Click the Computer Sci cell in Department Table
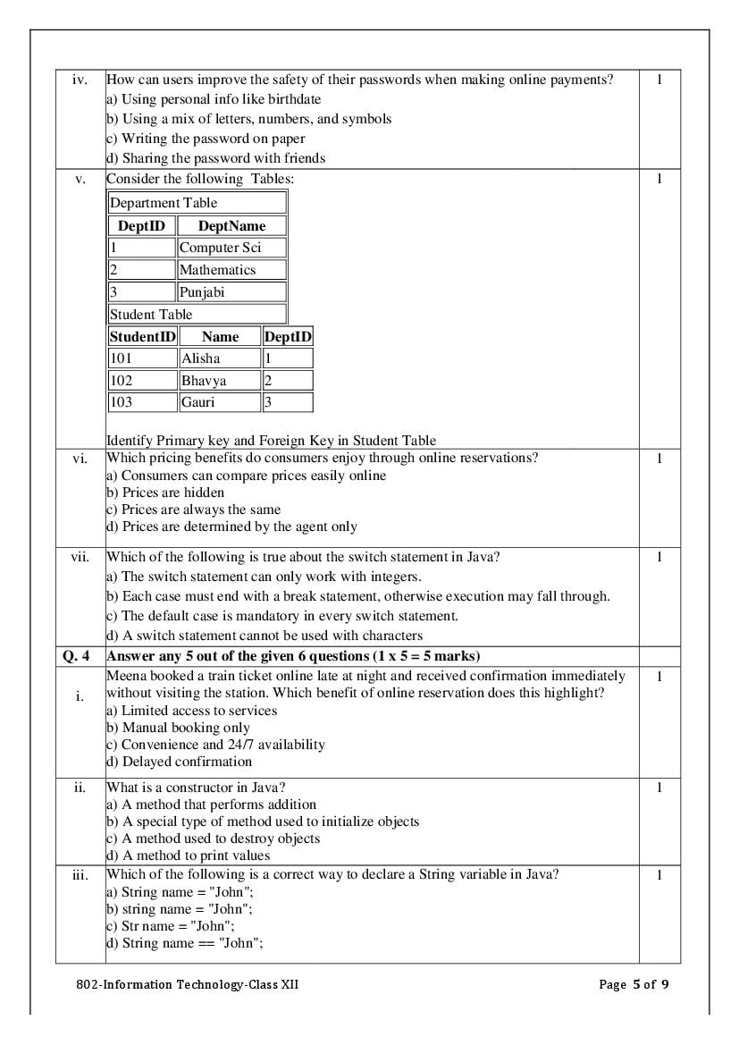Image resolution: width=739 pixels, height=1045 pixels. pos(231,248)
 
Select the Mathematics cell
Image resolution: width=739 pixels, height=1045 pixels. pos(231,270)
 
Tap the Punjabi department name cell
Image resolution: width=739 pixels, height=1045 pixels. pos(231,292)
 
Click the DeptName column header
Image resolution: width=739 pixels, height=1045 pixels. pos(231,226)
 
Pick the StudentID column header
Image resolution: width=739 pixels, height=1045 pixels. pos(142,337)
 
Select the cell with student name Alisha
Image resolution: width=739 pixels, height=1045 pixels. pos(220,358)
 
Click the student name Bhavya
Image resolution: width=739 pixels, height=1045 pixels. pos(220,381)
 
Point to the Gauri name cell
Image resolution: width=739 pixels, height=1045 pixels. pos(220,402)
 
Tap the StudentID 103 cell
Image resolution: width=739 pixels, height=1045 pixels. pos(142,402)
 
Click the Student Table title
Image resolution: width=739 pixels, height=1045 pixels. pos(151,315)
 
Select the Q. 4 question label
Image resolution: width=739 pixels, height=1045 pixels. pos(76,656)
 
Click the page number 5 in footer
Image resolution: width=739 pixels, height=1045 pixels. pos(636,985)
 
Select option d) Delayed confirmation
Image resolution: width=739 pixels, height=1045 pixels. pos(179,762)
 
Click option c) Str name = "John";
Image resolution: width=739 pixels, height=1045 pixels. pos(171,926)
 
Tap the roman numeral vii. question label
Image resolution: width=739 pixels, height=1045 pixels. pos(80,557)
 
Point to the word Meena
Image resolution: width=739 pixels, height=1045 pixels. pos(125,676)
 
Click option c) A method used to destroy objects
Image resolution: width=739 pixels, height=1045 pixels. pos(213,839)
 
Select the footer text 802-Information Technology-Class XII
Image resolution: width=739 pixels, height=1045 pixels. pos(188,985)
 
